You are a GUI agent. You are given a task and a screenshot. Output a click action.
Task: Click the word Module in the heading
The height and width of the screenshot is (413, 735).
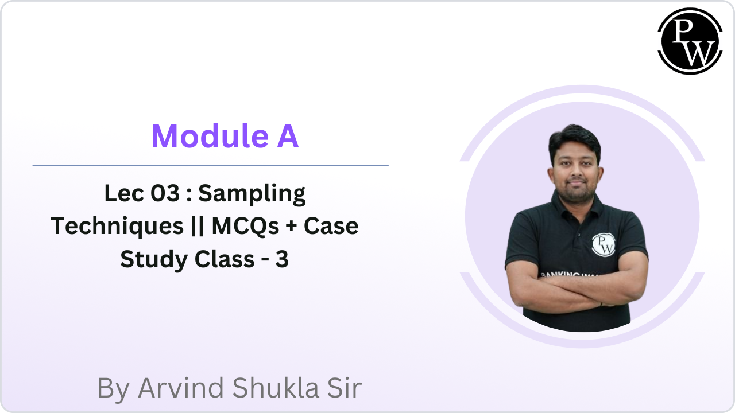coord(203,137)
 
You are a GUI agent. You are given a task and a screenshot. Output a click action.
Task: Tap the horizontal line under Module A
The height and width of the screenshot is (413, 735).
coord(210,165)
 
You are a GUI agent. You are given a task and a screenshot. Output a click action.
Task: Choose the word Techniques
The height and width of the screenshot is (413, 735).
coord(117,227)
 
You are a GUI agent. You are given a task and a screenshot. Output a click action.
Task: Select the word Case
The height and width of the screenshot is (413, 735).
coord(331,227)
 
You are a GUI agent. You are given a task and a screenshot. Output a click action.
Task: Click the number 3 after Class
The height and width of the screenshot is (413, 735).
coord(281,260)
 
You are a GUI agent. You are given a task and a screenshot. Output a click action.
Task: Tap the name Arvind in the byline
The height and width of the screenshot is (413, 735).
coord(181,388)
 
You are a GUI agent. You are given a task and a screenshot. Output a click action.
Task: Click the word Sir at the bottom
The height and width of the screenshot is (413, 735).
coord(343,388)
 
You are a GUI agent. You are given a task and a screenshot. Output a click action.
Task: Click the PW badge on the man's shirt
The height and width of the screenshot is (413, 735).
coord(603,244)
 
